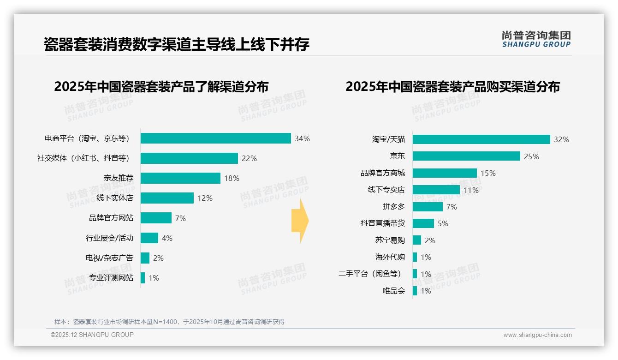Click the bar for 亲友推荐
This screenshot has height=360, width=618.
click(180, 178)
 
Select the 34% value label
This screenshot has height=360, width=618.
click(302, 138)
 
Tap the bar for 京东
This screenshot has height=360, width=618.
click(466, 156)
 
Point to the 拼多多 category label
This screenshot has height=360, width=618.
click(393, 207)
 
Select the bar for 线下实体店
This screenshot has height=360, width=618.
click(167, 198)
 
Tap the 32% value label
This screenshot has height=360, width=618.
click(561, 139)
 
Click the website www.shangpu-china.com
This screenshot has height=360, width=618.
click(537, 335)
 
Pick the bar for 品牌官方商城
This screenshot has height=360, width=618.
click(445, 173)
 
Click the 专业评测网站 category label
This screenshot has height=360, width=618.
click(111, 278)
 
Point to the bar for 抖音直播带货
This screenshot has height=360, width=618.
click(423, 223)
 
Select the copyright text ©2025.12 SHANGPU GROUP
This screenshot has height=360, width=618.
click(92, 335)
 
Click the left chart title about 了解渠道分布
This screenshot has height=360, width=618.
click(161, 87)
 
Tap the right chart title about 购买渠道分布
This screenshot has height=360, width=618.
click(452, 87)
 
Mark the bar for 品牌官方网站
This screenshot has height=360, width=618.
click(156, 218)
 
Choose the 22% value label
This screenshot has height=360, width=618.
click(249, 158)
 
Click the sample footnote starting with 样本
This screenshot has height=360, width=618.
click(169, 322)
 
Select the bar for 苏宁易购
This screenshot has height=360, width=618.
click(417, 240)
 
